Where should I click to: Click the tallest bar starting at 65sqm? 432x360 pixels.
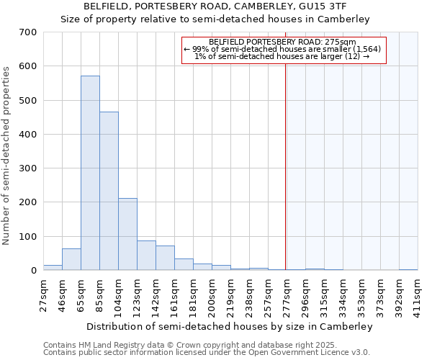coord(90,173)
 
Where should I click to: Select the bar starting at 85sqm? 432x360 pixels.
coord(109,191)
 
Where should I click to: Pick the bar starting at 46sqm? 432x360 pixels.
coord(71,259)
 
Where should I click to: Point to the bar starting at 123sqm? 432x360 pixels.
coord(146,256)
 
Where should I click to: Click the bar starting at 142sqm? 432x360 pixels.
coord(165,258)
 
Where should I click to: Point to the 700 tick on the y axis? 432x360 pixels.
coord(28,32)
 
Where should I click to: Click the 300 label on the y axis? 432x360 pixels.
coord(28,168)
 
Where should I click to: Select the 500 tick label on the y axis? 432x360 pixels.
coord(28,100)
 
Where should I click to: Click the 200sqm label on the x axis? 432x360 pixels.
coord(212,294)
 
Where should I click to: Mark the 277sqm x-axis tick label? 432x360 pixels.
coord(287,294)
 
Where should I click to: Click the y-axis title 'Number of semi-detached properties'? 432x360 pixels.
coord(6,155)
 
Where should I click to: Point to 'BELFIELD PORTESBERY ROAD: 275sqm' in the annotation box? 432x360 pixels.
coord(284,42)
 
